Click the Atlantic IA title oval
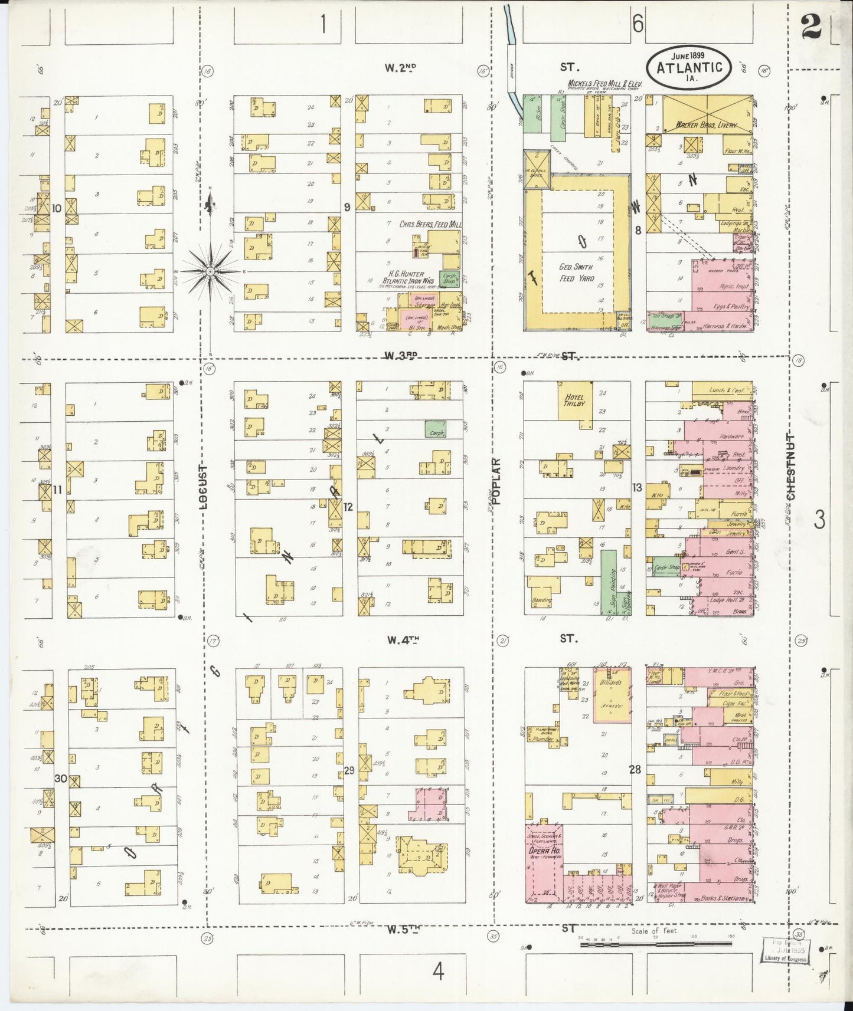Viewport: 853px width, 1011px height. (688, 67)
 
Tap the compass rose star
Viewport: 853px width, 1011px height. (210, 271)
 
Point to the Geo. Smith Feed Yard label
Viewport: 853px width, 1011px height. (576, 272)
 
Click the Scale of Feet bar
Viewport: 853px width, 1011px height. (656, 943)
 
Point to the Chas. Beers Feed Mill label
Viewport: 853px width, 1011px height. (430, 225)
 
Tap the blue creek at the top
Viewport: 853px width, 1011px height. (510, 27)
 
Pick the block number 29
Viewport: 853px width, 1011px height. (349, 770)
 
